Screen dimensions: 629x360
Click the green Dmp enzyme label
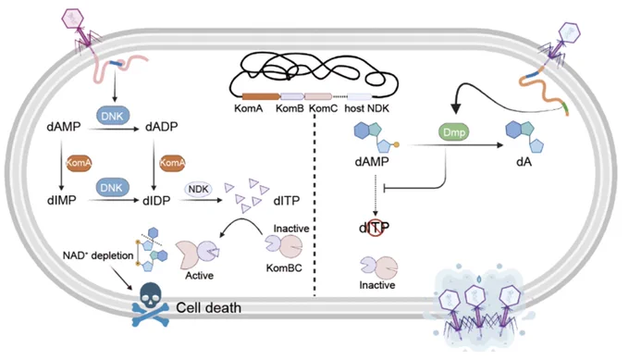click(x=453, y=132)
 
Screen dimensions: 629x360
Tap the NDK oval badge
click(x=198, y=189)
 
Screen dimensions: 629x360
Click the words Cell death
click(x=209, y=308)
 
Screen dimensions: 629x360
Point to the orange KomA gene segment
click(x=261, y=96)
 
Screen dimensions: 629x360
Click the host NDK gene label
click(x=366, y=108)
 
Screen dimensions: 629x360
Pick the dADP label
click(x=161, y=127)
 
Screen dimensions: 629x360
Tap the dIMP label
click(x=61, y=200)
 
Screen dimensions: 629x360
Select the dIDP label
click(x=156, y=200)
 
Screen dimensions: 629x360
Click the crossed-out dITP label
click(x=374, y=228)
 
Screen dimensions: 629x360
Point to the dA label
click(x=524, y=161)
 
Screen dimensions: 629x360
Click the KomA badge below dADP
click(x=172, y=163)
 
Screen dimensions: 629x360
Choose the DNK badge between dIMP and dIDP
click(x=112, y=188)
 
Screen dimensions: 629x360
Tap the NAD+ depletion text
click(x=98, y=255)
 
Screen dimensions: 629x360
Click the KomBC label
click(x=284, y=267)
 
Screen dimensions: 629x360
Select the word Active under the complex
click(x=199, y=275)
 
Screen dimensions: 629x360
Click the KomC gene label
click(x=324, y=108)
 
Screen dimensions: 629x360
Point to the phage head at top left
click(x=72, y=19)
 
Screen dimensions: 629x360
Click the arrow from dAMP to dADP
click(x=114, y=129)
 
